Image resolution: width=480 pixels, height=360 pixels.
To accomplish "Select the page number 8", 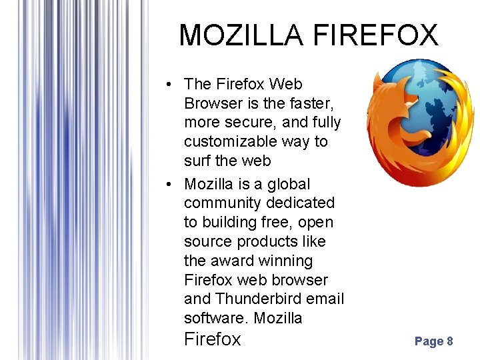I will pos(450,341).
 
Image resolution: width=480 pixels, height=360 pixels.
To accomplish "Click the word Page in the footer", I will pos(429,341).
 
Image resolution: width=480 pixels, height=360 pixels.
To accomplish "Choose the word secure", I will pos(243,123).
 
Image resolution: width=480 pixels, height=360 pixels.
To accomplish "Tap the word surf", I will pos(197,161).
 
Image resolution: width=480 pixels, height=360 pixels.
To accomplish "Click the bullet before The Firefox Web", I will pos(171,85).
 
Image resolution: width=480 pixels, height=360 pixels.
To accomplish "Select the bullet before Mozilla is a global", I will pos(171,184).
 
